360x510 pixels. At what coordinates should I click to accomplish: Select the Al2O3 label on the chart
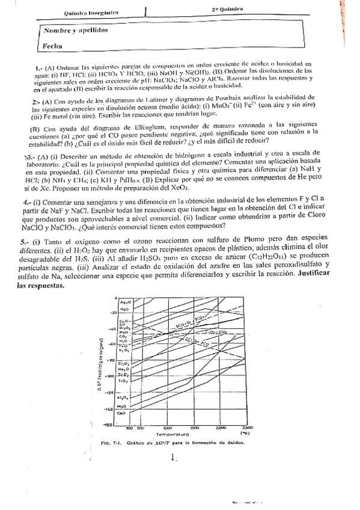click(124, 398)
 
